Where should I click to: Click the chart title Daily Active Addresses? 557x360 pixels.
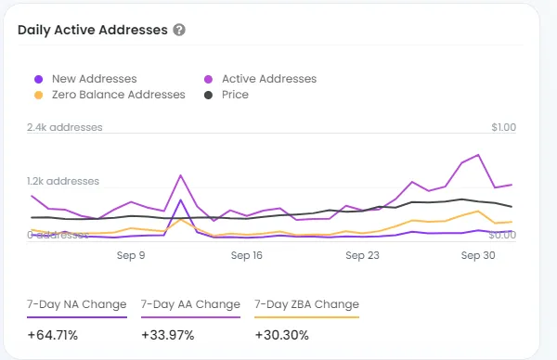pos(92,31)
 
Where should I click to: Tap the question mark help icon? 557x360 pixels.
pos(179,30)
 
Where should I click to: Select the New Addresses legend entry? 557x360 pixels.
pos(85,79)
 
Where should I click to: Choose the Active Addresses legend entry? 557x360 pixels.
pos(260,79)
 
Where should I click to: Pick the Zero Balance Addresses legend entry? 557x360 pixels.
pos(110,95)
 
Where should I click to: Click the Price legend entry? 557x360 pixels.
pos(227,95)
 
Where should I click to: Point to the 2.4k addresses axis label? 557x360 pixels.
pos(65,127)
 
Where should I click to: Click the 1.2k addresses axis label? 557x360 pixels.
pos(63,181)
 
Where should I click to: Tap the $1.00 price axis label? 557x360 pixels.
pos(504,127)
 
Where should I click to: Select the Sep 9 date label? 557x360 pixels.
pos(131,255)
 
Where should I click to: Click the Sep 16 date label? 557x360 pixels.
pos(247,255)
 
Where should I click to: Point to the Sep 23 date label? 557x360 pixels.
pos(362,255)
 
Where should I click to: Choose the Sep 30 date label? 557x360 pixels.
pos(478,255)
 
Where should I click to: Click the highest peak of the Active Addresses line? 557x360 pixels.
pos(478,155)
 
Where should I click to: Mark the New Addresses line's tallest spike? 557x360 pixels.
pos(180,199)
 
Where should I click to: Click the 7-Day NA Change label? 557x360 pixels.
pos(77,304)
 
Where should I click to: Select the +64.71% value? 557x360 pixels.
pos(53,335)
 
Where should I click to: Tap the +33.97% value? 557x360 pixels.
pos(168,335)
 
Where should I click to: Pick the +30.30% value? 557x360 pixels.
pos(281,335)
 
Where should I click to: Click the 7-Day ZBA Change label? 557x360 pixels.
pos(307,304)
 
